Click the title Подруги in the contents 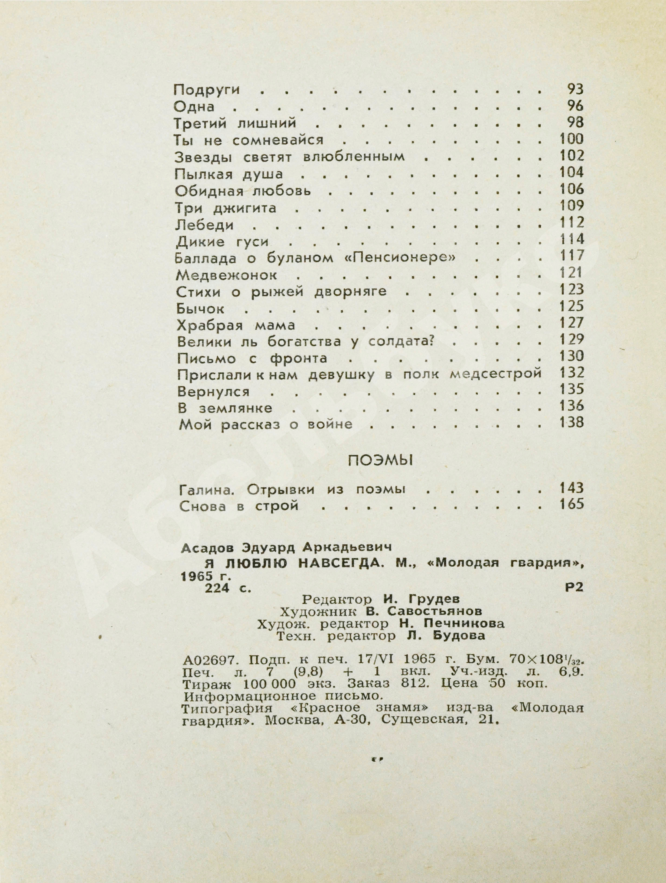207,90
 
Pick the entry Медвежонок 227,275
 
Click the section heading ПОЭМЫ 380,461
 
